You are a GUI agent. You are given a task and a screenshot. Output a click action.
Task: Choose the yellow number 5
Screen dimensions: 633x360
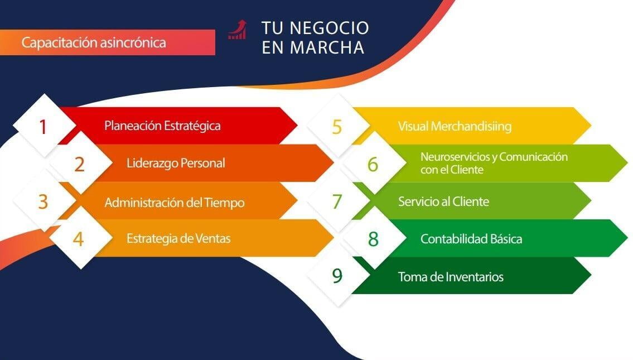coord(337,127)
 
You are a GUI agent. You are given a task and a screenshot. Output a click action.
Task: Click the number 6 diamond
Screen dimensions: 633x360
coord(374,164)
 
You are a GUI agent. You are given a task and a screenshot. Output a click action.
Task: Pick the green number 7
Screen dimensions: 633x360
coord(337,201)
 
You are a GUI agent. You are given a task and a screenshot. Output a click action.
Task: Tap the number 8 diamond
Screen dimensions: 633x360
coord(374,238)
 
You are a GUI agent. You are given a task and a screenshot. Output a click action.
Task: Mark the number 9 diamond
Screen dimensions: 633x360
coord(338,276)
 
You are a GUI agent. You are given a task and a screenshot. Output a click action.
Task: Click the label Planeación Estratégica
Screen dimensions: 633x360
coord(162,126)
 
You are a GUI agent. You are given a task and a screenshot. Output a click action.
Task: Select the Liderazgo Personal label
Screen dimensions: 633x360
coord(176,163)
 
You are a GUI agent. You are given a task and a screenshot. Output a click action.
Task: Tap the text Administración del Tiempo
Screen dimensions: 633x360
coord(175,202)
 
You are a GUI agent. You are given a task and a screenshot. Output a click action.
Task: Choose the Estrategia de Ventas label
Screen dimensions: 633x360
coord(178,238)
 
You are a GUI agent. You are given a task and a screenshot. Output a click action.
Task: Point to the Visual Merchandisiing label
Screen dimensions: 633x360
coord(455,127)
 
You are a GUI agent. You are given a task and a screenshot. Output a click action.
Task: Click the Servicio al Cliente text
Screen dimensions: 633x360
coord(443,201)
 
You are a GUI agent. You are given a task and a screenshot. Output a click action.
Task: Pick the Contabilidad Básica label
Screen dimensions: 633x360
coord(471,239)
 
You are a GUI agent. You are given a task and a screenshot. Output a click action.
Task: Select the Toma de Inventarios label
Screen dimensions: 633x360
coord(451,277)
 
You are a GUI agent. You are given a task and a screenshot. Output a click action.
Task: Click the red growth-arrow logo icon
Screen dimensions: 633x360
coord(238,30)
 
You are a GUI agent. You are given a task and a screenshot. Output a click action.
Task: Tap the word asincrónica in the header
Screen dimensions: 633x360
coord(133,42)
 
